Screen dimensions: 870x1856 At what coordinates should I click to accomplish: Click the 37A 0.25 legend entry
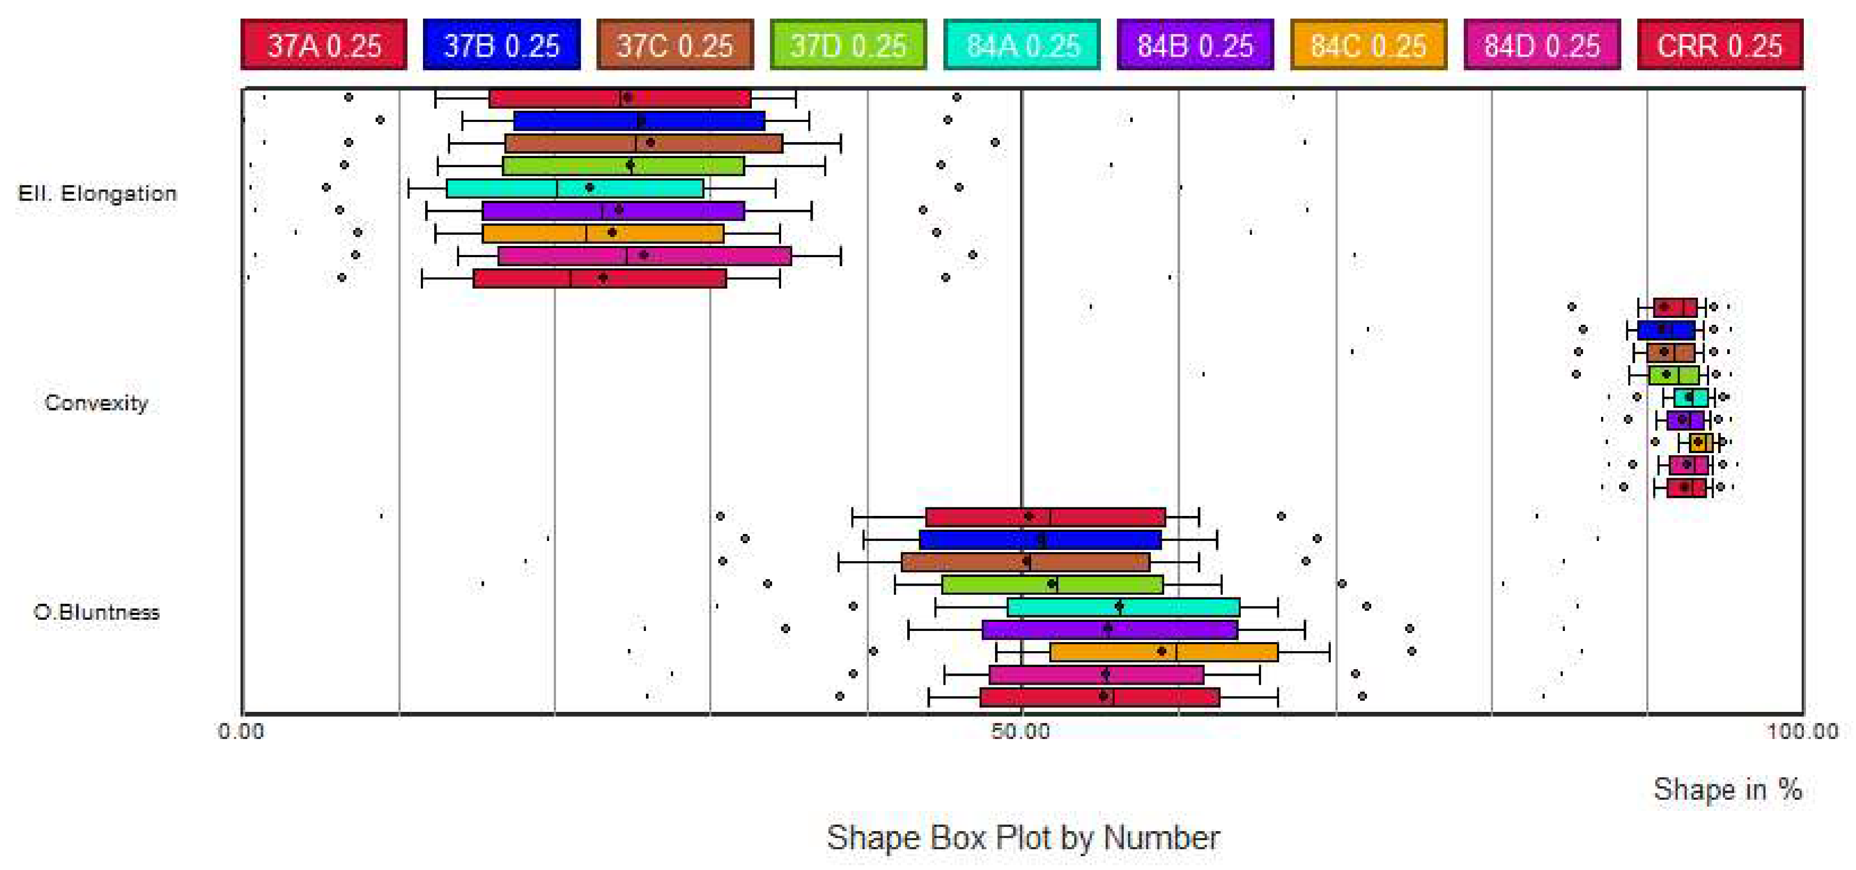tap(324, 45)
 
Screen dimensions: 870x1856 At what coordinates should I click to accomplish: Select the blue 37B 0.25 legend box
tap(501, 45)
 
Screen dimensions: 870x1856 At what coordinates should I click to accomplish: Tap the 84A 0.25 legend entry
tap(1022, 45)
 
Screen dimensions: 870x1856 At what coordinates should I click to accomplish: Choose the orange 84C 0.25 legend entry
tap(1368, 45)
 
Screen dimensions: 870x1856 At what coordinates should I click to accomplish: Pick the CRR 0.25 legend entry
tap(1720, 45)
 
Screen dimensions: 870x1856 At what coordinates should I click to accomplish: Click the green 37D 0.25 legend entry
tap(848, 45)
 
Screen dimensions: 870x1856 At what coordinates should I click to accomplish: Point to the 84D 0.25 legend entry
tap(1542, 45)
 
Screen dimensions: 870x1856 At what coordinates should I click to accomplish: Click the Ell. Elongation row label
tap(97, 193)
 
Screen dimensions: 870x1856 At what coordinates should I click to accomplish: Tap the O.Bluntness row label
tap(96, 612)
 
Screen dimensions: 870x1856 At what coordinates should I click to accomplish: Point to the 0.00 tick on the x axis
tap(241, 731)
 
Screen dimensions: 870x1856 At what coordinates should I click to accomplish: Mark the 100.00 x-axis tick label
tap(1801, 731)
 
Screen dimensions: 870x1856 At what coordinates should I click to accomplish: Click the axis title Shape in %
tap(1727, 789)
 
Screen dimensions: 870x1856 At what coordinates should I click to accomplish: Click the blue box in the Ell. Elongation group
tap(639, 120)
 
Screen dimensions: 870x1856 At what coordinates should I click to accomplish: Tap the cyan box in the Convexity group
tap(1691, 397)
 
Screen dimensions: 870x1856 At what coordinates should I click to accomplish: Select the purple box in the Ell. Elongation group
tap(612, 210)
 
